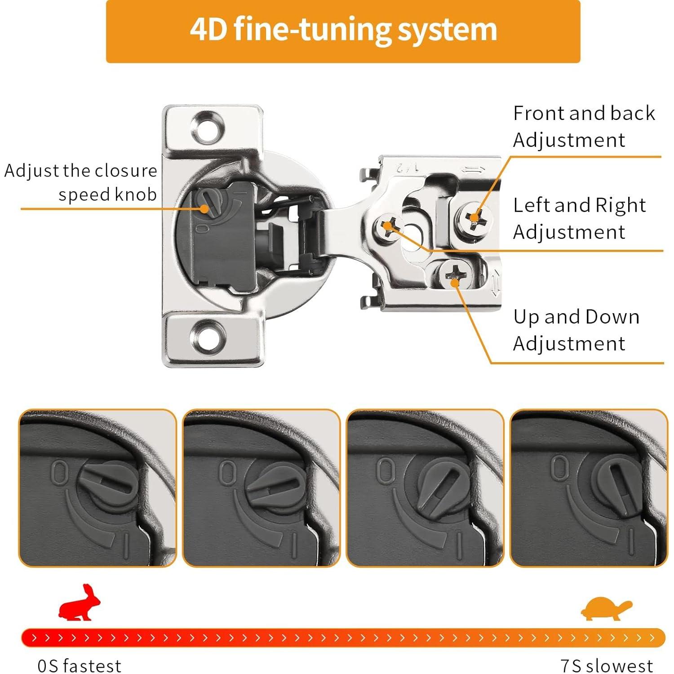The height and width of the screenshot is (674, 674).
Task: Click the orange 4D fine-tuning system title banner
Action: pos(343,31)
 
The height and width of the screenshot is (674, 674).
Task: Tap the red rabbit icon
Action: pos(79,603)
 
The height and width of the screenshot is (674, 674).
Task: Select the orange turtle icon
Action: pos(606,608)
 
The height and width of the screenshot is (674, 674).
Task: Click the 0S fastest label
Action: pos(80,665)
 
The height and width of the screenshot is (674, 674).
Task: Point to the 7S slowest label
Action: pos(607,665)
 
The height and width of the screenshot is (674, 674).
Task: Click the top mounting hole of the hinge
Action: pos(208,128)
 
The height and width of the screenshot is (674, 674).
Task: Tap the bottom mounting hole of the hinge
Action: pos(208,336)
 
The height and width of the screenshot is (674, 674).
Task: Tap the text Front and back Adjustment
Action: pos(584,126)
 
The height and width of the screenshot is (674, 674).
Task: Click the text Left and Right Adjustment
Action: pos(580,218)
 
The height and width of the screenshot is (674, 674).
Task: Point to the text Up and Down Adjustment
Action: pos(576,330)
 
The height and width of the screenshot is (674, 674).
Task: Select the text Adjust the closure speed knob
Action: pos(81,182)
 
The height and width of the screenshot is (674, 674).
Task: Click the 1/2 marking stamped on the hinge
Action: pos(407,168)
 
